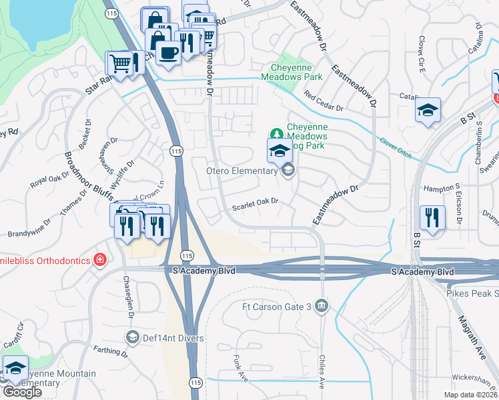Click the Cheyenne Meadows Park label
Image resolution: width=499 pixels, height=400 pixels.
pos(296,72)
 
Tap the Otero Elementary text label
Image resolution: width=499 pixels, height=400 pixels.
pos(241,171)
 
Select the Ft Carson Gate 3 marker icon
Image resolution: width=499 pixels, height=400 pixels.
pos(322,306)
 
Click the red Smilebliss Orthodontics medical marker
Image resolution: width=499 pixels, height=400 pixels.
pos(100,259)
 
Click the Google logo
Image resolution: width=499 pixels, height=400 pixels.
pos(22,392)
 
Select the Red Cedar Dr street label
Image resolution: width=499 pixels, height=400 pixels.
pos(323,101)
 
